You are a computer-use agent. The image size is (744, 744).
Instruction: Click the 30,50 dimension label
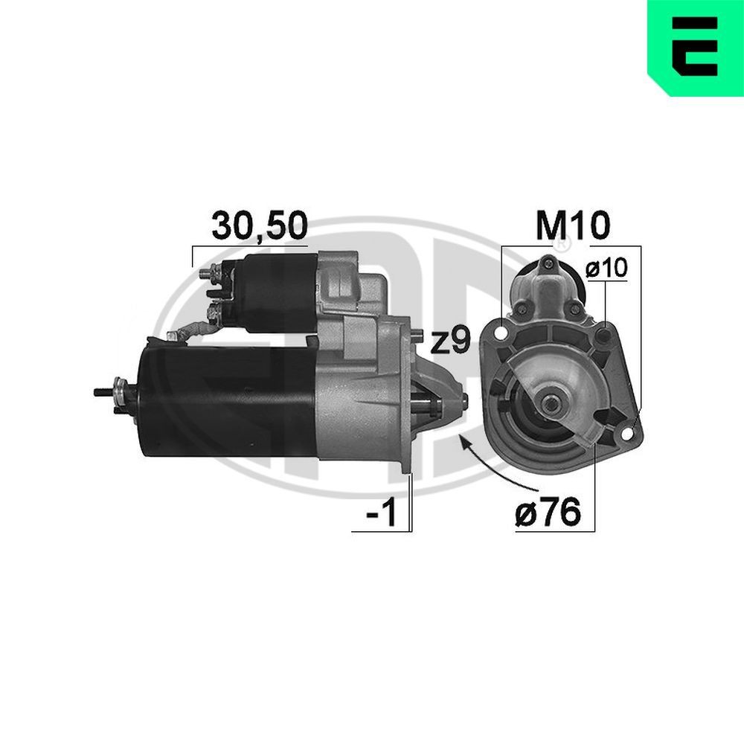(x=260, y=226)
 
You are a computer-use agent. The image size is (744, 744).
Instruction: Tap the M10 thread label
(x=572, y=226)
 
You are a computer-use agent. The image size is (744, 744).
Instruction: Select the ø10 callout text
(x=606, y=269)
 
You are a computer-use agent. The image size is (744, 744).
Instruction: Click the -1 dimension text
(x=381, y=513)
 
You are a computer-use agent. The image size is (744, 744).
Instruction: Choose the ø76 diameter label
(x=548, y=513)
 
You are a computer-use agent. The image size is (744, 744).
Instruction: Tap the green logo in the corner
(x=696, y=48)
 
